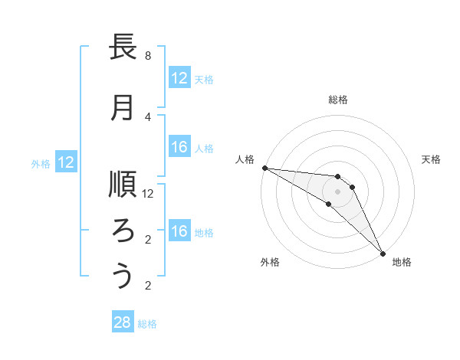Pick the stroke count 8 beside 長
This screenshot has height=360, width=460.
[x=148, y=56]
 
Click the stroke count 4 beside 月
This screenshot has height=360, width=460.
[x=148, y=116]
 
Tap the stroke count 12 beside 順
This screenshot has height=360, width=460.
[x=148, y=194]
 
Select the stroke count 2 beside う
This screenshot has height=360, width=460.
[x=148, y=286]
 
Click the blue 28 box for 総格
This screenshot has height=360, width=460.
[x=123, y=322]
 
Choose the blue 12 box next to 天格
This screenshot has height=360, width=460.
[x=179, y=78]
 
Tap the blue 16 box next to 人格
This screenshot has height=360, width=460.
[x=179, y=147]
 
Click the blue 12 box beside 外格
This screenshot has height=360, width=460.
[x=66, y=162]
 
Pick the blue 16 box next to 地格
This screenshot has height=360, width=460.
[x=179, y=231]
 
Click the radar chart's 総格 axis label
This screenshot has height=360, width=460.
[x=338, y=100]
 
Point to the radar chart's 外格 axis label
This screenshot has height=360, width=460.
[x=270, y=263]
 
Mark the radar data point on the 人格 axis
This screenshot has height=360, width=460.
[x=264, y=168]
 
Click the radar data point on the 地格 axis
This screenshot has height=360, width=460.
[x=382, y=252]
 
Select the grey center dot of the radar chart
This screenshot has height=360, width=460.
[x=338, y=191]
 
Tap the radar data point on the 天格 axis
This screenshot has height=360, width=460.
[x=352, y=187]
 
